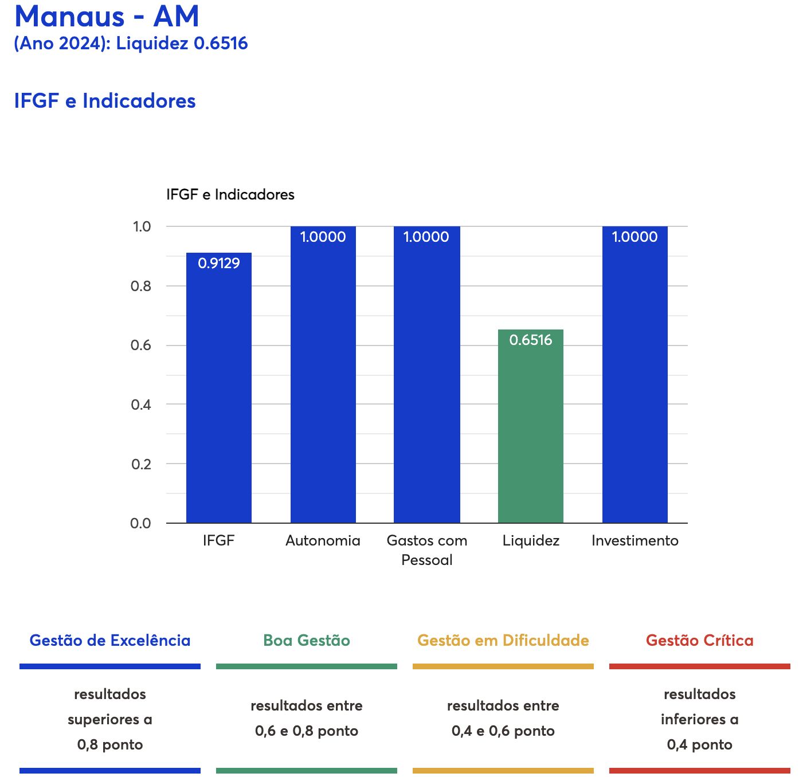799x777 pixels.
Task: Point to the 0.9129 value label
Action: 218,263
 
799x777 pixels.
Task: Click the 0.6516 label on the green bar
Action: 530,340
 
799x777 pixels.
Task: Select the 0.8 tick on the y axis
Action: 141,286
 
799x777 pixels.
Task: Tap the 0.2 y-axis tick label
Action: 141,464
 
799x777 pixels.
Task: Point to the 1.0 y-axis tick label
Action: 142,226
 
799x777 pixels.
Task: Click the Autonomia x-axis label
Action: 323,540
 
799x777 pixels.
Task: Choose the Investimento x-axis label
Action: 634,540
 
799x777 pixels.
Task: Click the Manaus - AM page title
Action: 107,16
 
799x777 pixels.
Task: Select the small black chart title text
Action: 230,194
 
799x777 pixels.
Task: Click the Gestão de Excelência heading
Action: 110,640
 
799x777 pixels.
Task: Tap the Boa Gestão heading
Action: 307,640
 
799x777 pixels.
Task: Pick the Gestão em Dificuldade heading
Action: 503,640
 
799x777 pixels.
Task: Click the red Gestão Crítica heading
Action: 699,640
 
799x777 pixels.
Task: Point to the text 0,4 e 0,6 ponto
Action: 503,731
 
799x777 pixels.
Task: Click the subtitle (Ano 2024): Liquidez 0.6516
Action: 131,43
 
